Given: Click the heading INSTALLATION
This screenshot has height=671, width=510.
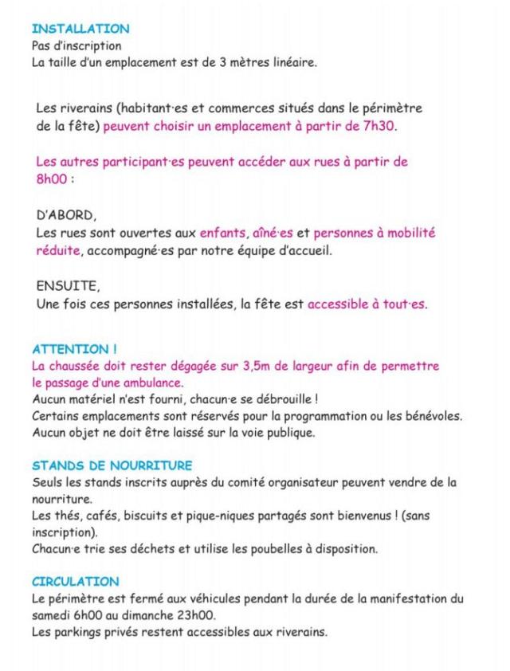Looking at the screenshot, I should [80, 29].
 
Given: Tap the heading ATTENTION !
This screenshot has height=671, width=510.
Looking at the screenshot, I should [75, 349].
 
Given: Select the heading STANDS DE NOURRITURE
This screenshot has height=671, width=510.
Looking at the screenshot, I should [112, 465].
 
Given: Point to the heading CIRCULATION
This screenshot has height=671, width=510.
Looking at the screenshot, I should [76, 582].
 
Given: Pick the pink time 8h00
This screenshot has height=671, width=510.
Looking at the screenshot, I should [53, 179].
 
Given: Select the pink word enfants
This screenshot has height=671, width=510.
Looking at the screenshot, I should [224, 233].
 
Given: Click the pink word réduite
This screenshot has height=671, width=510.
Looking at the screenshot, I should [58, 251].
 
